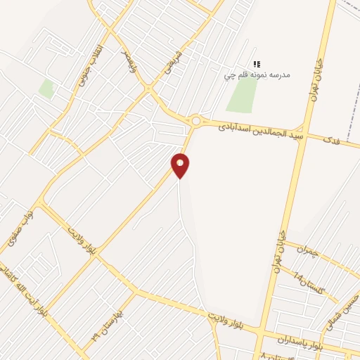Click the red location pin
click(x=181, y=165)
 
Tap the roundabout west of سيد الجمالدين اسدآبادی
click(x=195, y=121)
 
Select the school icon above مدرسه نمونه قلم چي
click(x=257, y=63)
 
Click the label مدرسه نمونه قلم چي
click(x=257, y=74)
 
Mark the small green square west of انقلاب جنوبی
click(x=46, y=89)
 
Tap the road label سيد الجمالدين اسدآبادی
click(x=260, y=131)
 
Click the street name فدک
click(x=330, y=141)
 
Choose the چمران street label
click(x=307, y=250)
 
